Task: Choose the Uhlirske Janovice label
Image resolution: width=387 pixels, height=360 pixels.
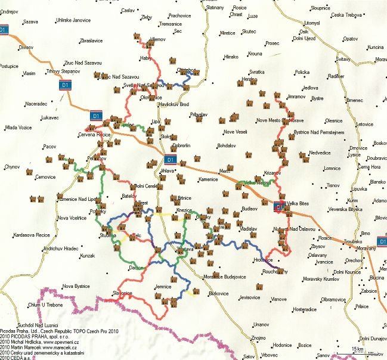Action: point(73,20)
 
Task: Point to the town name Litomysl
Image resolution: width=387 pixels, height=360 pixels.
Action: point(312,23)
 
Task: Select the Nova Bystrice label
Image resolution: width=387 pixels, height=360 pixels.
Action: point(76,286)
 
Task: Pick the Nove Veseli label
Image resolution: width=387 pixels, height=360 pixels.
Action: point(235,132)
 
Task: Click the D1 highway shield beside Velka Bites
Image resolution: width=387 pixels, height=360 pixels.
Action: point(278,207)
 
